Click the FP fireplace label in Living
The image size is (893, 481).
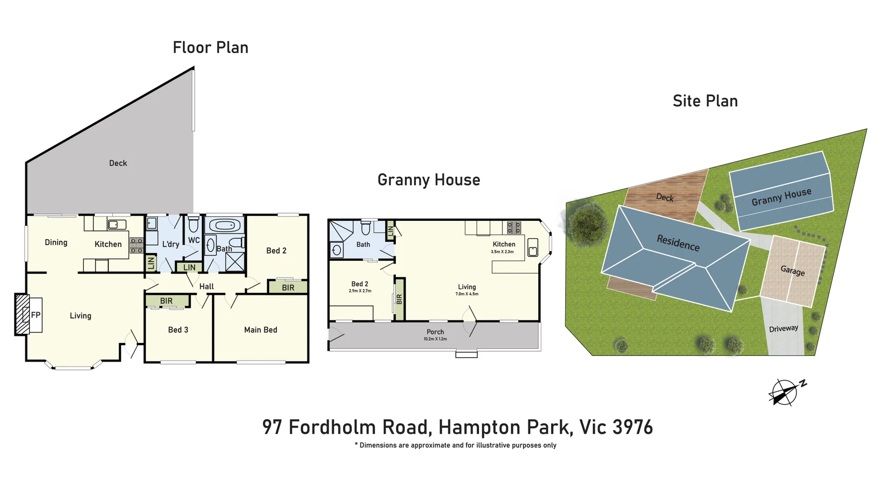click(x=36, y=315)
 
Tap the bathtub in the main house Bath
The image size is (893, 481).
click(x=225, y=226)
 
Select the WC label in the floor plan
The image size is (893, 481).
click(x=193, y=240)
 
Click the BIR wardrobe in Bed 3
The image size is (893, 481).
click(x=167, y=301)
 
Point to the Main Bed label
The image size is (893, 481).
click(x=260, y=330)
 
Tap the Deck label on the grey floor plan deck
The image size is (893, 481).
click(x=118, y=163)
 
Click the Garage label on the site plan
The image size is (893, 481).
click(x=792, y=270)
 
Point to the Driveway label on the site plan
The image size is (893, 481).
click(x=783, y=328)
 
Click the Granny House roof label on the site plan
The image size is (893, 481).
click(x=781, y=197)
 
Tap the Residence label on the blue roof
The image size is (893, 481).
click(x=678, y=243)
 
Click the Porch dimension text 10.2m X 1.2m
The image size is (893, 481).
click(x=435, y=339)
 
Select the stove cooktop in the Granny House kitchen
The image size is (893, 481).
click(x=514, y=227)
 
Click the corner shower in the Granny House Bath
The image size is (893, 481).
click(x=341, y=231)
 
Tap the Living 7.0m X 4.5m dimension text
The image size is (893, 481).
click(x=466, y=294)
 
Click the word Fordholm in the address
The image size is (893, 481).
click(x=358, y=427)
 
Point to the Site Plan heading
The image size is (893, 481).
click(x=705, y=101)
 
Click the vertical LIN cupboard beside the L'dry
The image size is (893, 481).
click(x=151, y=263)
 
